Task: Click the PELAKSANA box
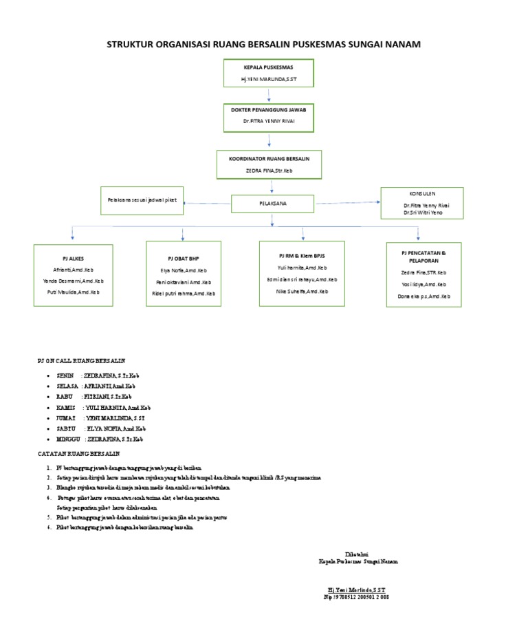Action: coord(272,204)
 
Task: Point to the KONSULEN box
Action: coord(422,203)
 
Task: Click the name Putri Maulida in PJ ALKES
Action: coord(70,292)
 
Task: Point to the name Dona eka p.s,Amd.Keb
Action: coord(424,296)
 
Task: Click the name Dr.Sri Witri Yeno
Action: coord(423,213)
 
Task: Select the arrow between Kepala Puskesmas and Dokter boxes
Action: coord(269,96)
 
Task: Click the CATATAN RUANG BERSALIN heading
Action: coord(78,454)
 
